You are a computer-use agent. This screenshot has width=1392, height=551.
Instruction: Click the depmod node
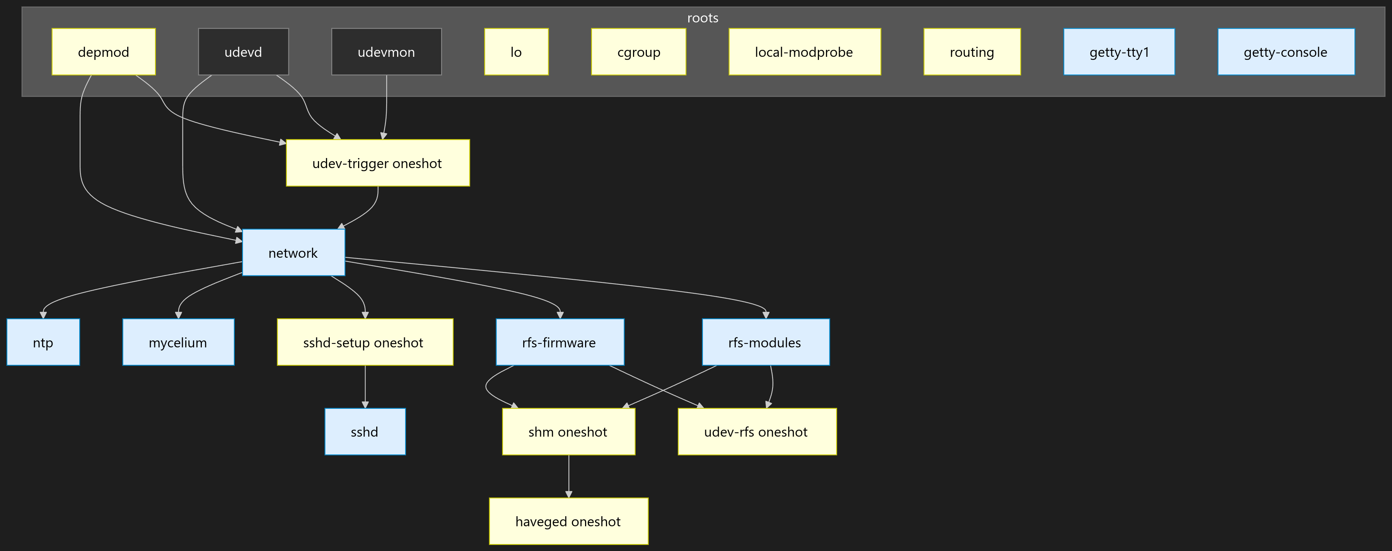(103, 52)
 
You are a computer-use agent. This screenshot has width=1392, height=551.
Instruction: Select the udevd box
(243, 52)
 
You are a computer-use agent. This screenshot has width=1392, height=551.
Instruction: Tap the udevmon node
(386, 52)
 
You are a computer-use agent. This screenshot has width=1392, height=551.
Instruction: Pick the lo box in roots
(516, 52)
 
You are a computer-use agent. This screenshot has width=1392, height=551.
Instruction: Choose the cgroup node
(639, 52)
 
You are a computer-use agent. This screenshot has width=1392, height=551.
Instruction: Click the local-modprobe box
(804, 52)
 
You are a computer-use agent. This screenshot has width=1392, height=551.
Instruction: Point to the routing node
(972, 52)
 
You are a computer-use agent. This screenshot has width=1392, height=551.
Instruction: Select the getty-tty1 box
(1119, 52)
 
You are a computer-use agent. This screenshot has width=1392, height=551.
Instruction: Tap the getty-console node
(1286, 52)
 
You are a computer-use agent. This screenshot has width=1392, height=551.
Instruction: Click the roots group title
(703, 18)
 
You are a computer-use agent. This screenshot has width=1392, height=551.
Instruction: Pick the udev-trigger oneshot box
(377, 163)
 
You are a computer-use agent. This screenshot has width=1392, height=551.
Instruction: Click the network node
(293, 253)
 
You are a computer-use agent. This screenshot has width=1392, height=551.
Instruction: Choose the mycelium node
(178, 342)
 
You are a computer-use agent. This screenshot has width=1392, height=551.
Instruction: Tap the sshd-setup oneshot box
(365, 342)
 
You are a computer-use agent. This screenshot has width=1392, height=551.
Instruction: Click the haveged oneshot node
(568, 521)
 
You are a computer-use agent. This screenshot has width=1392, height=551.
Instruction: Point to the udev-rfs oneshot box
(757, 432)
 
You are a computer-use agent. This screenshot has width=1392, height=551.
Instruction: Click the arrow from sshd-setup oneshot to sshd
(365, 386)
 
